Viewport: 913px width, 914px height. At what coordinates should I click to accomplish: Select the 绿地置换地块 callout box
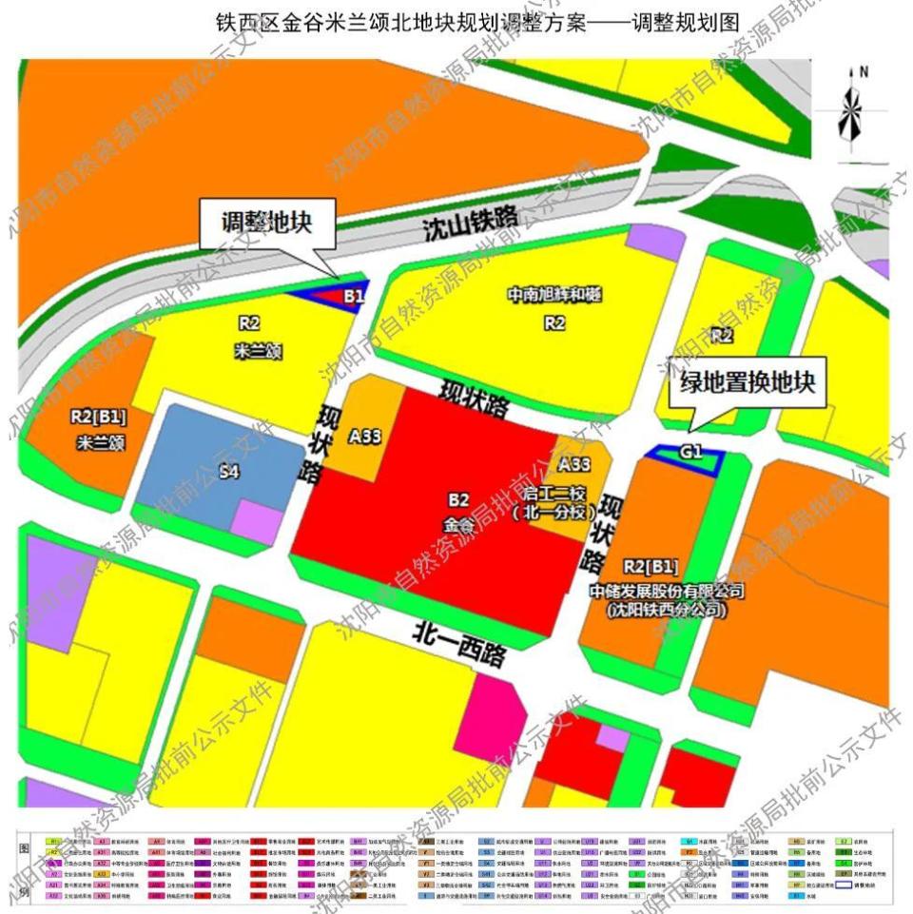tap(747, 383)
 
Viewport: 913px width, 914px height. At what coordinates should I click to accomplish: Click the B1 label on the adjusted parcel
tap(354, 297)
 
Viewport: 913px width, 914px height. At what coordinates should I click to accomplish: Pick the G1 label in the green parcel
tap(691, 453)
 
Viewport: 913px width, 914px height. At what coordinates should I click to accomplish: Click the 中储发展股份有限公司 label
tap(665, 591)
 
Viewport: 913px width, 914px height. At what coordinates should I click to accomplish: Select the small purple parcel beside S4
tap(258, 522)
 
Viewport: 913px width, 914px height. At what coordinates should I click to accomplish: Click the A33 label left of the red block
tap(364, 437)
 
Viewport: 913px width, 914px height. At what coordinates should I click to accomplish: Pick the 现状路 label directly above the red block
tap(474, 399)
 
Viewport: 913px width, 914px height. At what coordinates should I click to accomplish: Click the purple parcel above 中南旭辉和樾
tap(655, 243)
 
